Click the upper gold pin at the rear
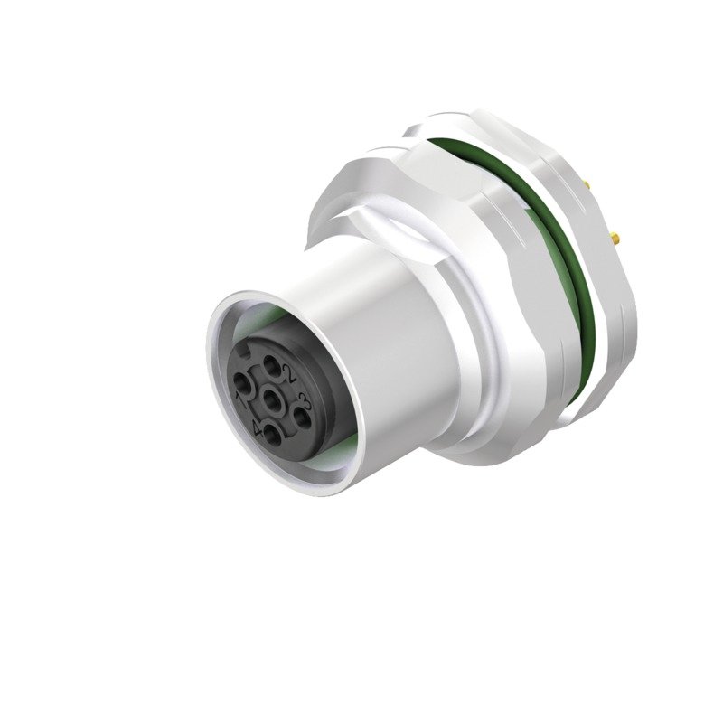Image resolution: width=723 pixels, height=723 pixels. click(x=587, y=184)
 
